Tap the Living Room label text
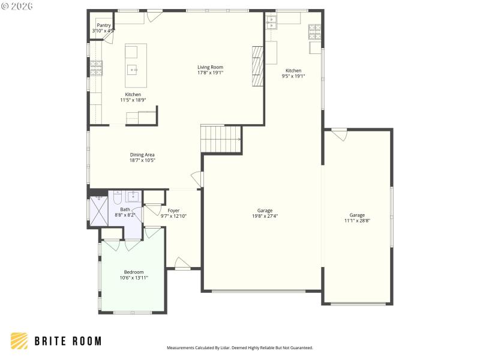(x=210, y=67)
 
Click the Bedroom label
(x=133, y=272)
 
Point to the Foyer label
(x=173, y=211)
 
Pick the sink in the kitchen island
(x=133, y=70)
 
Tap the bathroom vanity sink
(x=133, y=197)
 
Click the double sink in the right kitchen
(x=271, y=22)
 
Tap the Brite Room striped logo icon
(x=19, y=341)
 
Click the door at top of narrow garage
(x=340, y=134)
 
